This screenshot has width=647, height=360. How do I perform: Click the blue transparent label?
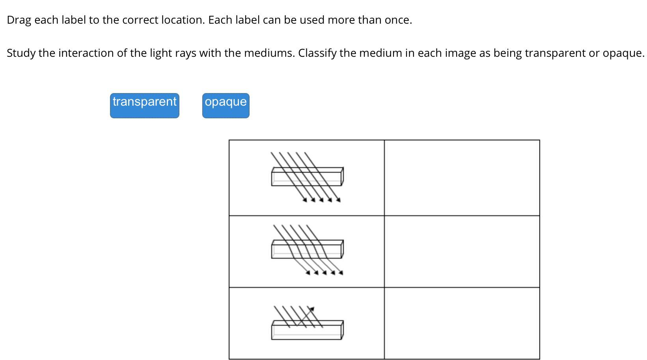[x=144, y=105]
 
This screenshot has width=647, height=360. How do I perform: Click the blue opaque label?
[x=226, y=105]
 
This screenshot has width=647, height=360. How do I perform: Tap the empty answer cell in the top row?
[x=462, y=178]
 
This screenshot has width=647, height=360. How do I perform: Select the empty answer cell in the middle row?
[x=462, y=251]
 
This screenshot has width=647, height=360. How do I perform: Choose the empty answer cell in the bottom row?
[x=462, y=323]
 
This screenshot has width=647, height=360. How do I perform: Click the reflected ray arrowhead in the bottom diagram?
[x=311, y=309]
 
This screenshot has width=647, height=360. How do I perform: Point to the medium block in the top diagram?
[x=307, y=177]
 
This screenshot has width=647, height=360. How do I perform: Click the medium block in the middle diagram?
[x=307, y=249]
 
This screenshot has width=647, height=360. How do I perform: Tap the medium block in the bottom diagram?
[x=307, y=330]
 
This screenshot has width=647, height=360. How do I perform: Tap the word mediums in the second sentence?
[x=269, y=53]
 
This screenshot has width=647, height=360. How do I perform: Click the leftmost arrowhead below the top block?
[x=305, y=200]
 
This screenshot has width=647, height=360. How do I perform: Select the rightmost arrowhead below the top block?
[x=338, y=200]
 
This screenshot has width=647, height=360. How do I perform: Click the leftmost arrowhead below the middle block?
[x=308, y=272]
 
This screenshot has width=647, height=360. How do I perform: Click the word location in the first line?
[x=183, y=20]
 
